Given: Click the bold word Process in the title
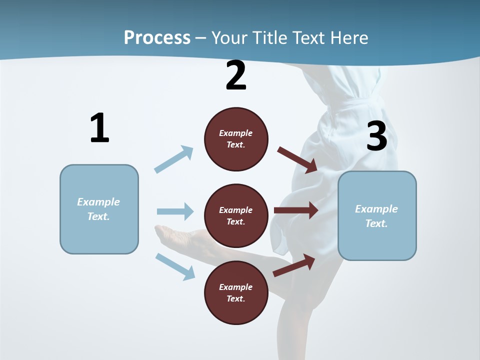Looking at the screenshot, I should pyautogui.click(x=157, y=37).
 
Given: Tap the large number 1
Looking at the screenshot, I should pyautogui.click(x=99, y=128).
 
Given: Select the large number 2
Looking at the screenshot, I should pyautogui.click(x=236, y=75).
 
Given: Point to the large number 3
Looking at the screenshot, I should pyautogui.click(x=376, y=136).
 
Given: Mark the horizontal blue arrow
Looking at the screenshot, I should pyautogui.click(x=175, y=211).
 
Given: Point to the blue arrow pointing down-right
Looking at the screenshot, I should pyautogui.click(x=175, y=266).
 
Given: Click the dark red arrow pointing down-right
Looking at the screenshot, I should pyautogui.click(x=297, y=160).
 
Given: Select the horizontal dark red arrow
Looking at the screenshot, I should pyautogui.click(x=296, y=210).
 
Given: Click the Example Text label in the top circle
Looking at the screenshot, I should pyautogui.click(x=236, y=138).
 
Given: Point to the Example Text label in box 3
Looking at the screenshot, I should pyautogui.click(x=376, y=216).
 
